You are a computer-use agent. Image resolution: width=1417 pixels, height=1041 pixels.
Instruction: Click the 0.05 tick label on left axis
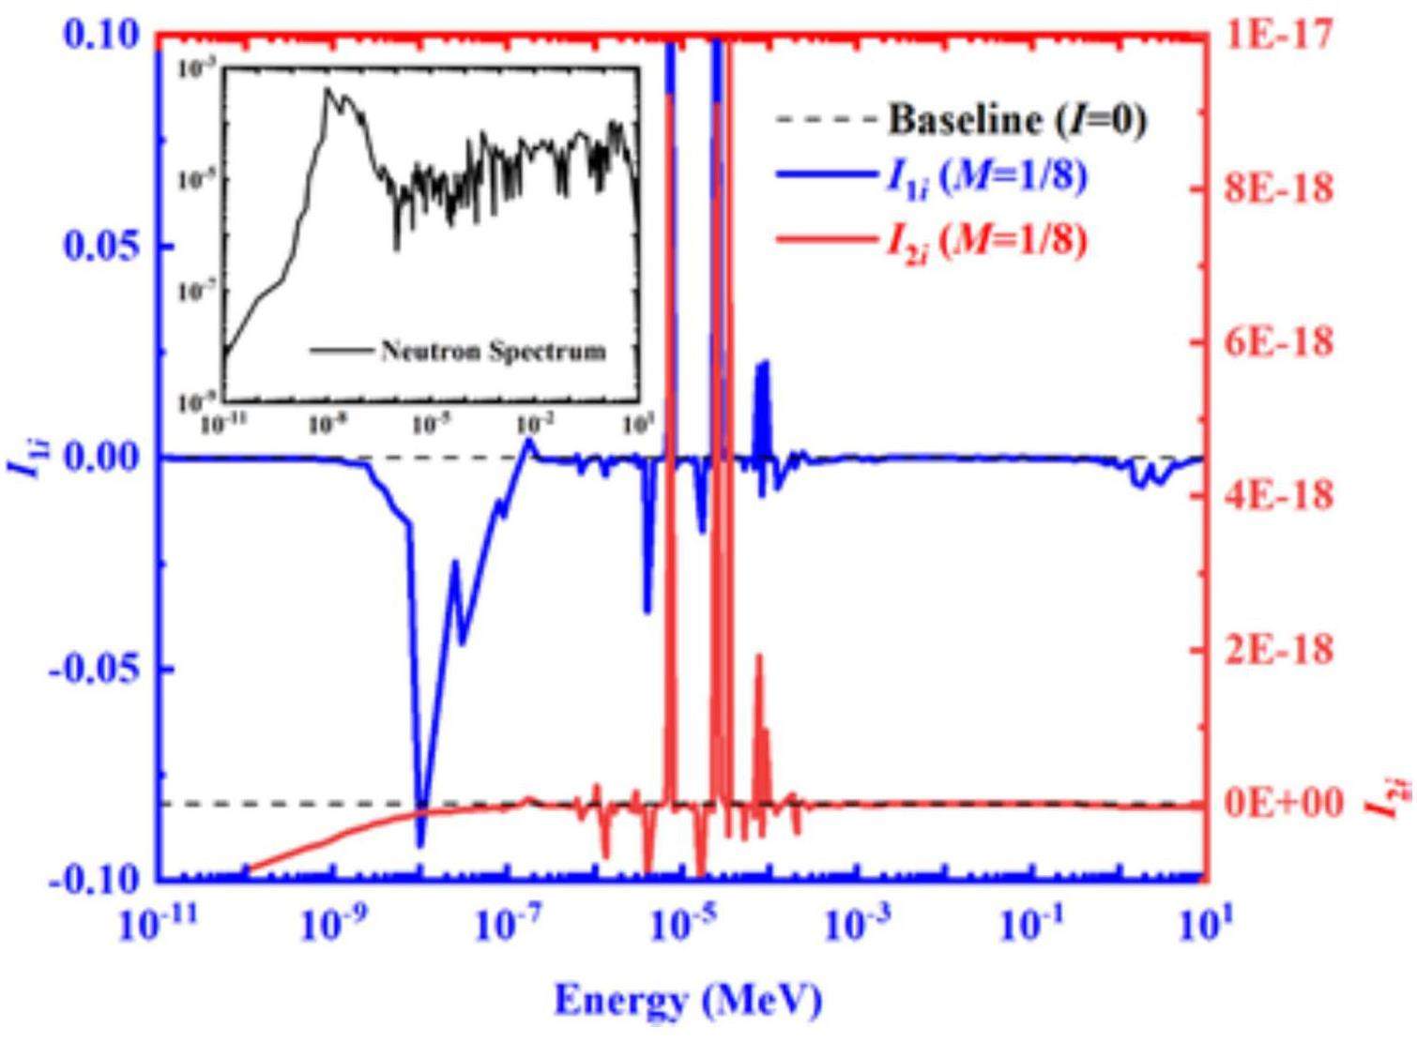pos(99,247)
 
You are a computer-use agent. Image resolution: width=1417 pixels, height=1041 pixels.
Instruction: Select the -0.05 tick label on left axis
pos(95,670)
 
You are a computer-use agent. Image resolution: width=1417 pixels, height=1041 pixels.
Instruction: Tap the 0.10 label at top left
pos(99,36)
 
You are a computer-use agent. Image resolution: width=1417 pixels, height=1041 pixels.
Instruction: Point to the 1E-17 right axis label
pos(1280,36)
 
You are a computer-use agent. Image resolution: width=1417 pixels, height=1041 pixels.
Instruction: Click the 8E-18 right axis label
pos(1280,189)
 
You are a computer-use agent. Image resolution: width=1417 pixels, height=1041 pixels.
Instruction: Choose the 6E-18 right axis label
pos(1280,342)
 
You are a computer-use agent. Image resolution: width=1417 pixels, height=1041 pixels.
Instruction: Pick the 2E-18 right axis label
pos(1280,650)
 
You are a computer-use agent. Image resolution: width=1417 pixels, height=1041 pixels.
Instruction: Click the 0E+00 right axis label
pos(1286,804)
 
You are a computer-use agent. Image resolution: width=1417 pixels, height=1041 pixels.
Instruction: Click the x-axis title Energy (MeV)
pos(688,1000)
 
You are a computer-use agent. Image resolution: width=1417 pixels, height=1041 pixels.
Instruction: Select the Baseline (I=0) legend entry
pos(1017,119)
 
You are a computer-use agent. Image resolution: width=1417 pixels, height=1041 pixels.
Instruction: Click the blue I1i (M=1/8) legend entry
pos(985,177)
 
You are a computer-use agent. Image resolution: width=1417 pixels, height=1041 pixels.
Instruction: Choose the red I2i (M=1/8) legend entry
pos(985,241)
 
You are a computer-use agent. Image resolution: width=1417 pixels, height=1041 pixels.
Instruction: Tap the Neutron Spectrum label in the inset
pos(492,351)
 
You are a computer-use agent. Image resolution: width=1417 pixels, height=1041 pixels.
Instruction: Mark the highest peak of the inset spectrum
pos(328,89)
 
